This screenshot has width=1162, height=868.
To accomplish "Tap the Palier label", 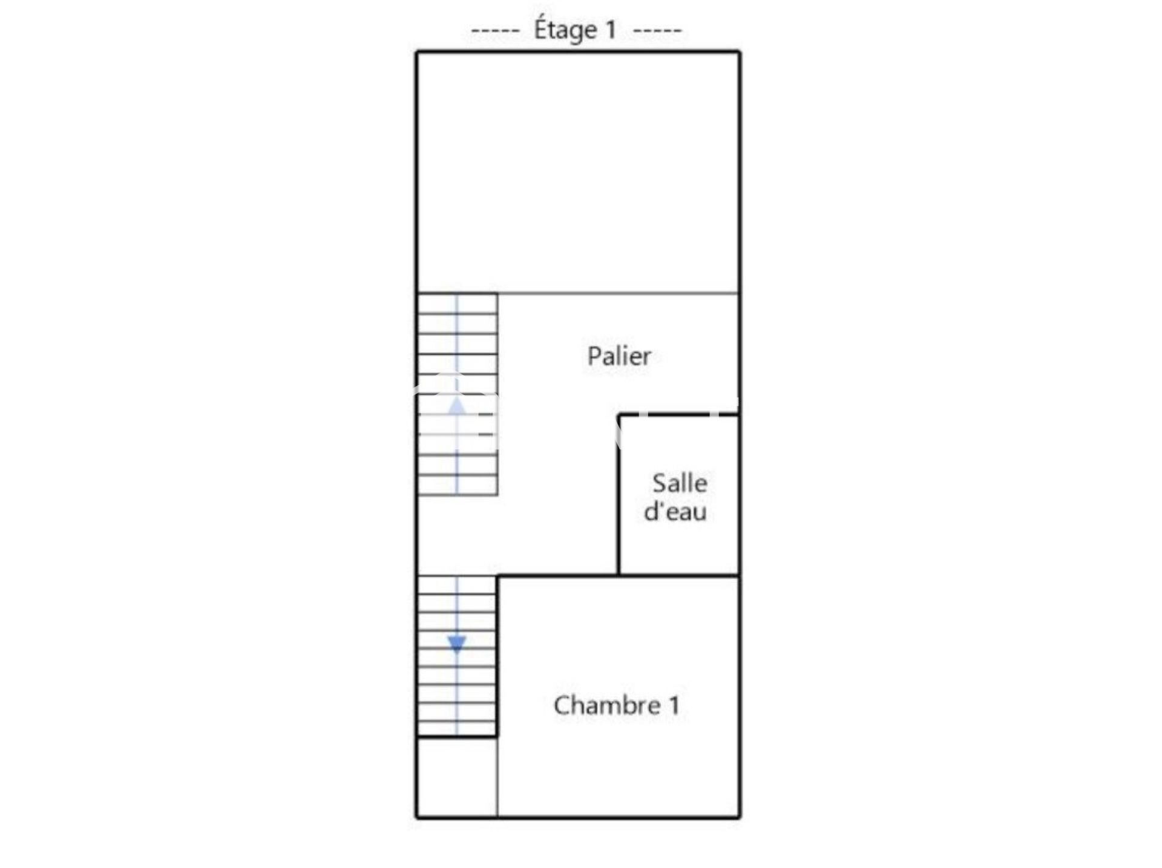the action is pos(619,356).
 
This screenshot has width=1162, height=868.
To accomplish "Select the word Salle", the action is pos(680,483).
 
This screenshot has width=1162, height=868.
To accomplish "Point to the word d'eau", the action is pos(675,511).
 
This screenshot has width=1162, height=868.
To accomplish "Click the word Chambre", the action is pos(607,705).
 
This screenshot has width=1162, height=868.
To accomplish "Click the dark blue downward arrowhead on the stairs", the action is pos(457,644).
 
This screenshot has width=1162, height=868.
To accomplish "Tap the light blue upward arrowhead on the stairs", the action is pos(457,406).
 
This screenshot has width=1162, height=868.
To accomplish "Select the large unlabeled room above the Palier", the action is pos(578,172).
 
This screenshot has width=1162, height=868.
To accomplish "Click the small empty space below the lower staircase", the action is pos(458,777).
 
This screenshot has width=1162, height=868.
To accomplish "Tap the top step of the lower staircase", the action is pos(458,585).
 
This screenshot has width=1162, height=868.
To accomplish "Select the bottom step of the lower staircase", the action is pos(458,728).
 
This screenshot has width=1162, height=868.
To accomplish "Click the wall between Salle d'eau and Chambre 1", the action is pos(678,575).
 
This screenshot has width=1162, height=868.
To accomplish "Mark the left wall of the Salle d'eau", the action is pos(619,494).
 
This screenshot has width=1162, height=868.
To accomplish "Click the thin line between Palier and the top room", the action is pos(618,293).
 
